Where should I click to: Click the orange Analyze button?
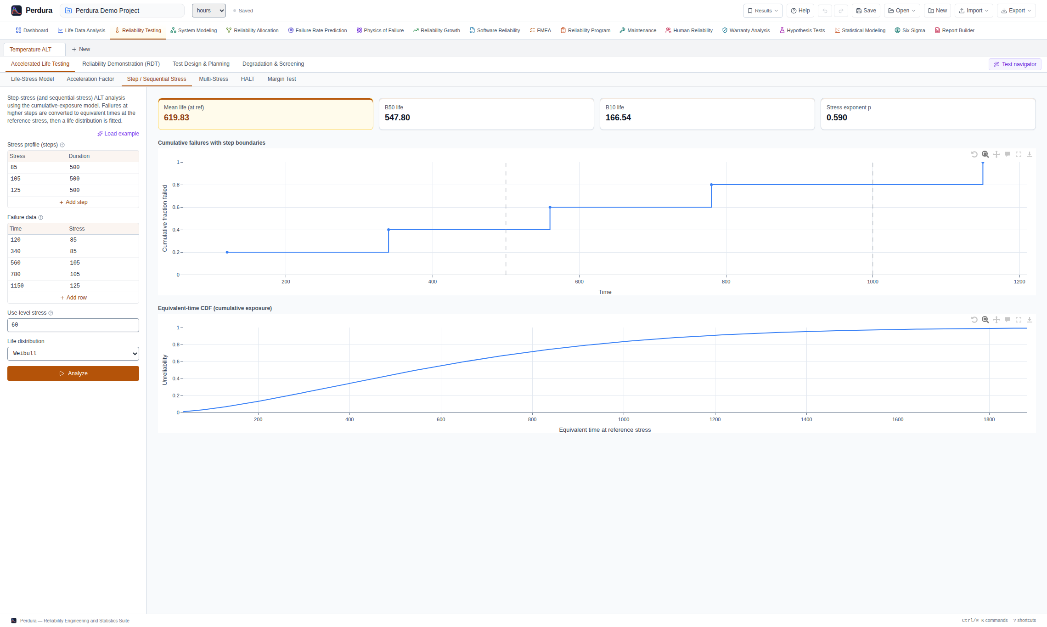click(73, 373)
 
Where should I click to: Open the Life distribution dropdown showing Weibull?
click(73, 354)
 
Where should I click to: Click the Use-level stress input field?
click(73, 325)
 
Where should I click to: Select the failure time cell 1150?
click(17, 286)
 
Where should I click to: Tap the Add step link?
click(73, 202)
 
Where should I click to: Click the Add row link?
click(73, 298)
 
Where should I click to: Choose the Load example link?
click(118, 134)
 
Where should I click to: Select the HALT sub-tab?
click(248, 79)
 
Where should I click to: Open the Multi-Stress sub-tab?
click(214, 79)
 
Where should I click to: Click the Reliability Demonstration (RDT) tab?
click(121, 64)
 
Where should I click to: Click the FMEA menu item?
click(540, 30)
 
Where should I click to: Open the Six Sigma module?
click(910, 30)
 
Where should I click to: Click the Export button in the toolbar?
click(1016, 11)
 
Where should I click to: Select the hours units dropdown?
click(209, 11)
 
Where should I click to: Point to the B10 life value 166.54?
click(618, 118)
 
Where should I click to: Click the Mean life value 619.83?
click(176, 118)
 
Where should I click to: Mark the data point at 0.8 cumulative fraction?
click(711, 185)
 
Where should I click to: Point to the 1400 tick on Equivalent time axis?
click(806, 419)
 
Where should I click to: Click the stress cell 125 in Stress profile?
click(16, 190)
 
